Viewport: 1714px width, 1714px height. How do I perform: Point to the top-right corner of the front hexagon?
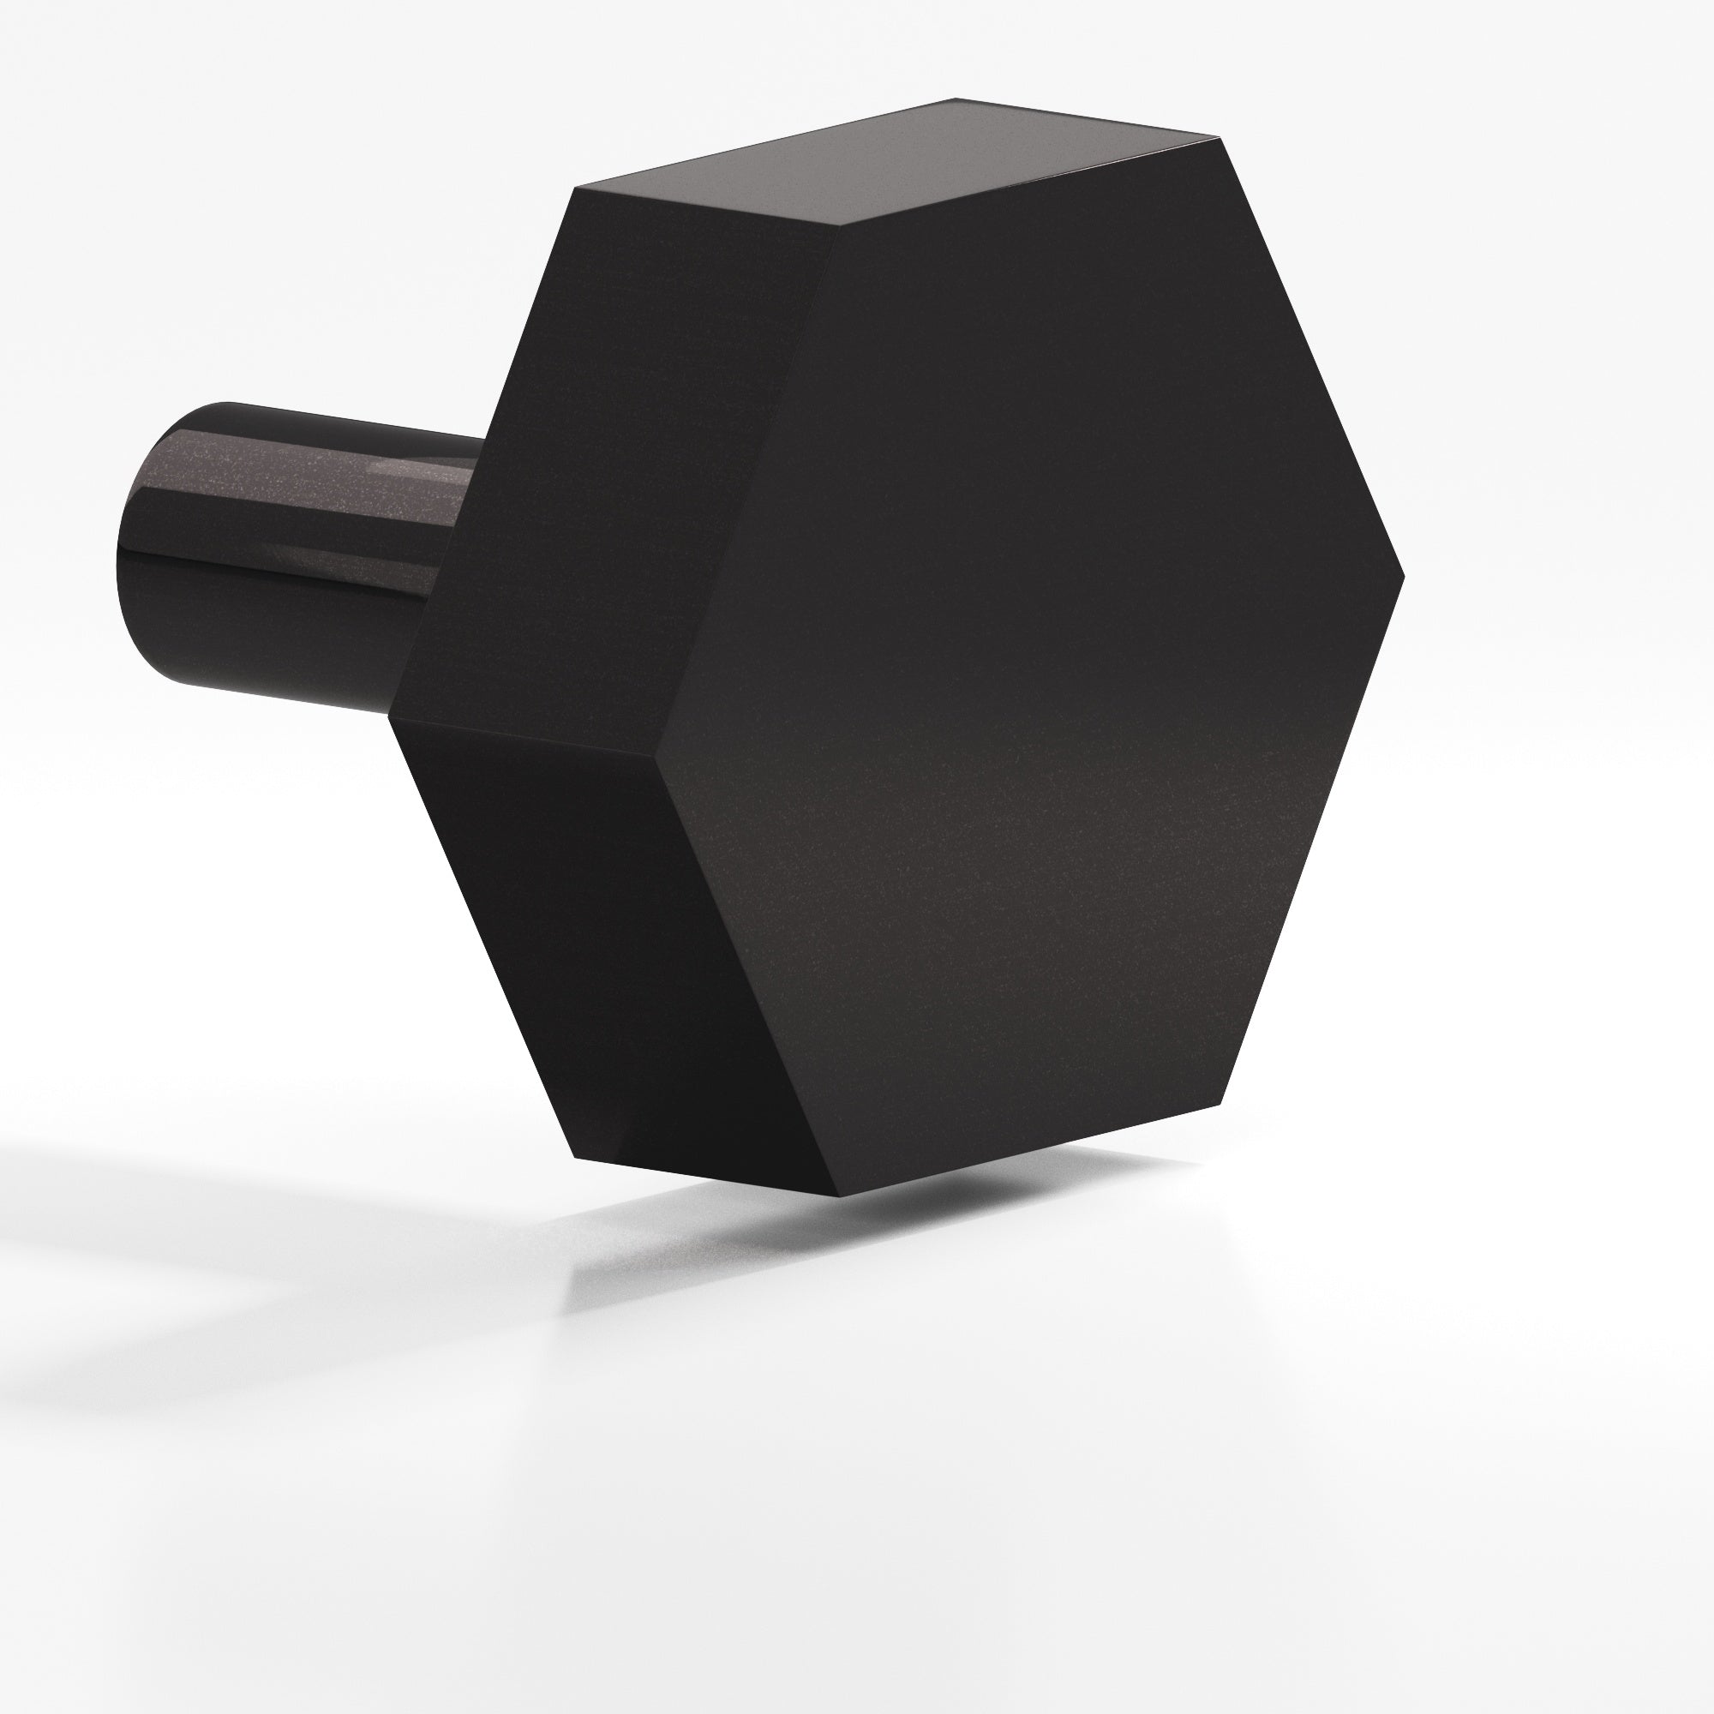(x=1217, y=137)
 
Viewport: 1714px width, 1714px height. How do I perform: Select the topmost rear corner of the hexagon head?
(x=956, y=98)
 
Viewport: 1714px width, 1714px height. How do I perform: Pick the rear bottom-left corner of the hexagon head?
(x=575, y=1159)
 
